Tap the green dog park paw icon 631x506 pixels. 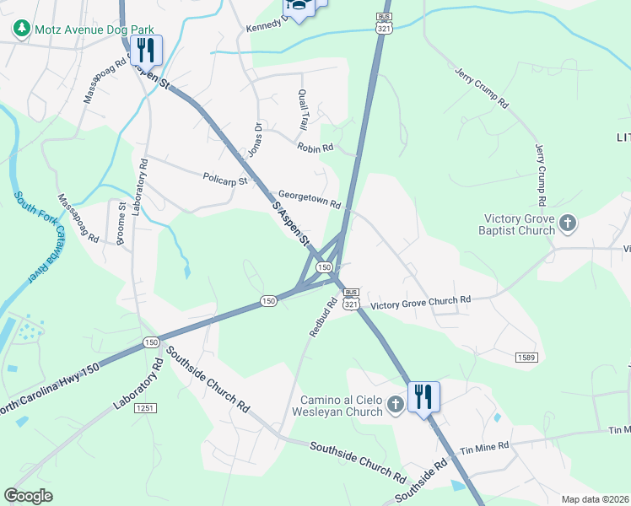21,28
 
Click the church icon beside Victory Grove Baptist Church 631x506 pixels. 568,223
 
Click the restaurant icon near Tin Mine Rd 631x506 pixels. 423,397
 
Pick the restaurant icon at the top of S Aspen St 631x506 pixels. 148,51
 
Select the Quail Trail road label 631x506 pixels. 302,110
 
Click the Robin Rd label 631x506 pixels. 315,147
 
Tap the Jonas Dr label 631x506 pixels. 254,139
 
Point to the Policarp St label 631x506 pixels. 225,179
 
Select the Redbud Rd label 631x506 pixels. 323,316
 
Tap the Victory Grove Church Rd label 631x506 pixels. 420,301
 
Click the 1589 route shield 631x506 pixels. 526,358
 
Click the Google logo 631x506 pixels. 29,495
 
